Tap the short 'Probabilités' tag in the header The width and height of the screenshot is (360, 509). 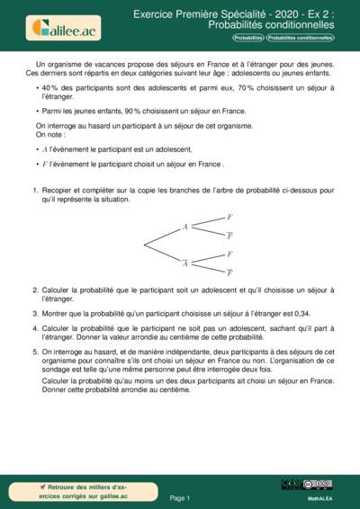248,38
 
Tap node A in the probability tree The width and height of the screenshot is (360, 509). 185,227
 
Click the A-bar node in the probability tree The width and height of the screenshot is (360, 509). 185,263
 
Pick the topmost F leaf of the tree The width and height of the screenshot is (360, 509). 229,218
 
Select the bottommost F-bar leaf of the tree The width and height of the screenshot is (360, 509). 229,272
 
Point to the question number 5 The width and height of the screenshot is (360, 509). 35,352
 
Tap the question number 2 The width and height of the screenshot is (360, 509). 35,290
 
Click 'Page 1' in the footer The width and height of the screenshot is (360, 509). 180,496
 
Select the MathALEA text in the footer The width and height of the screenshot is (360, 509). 319,496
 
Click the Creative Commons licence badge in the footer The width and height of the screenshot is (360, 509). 319,484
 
